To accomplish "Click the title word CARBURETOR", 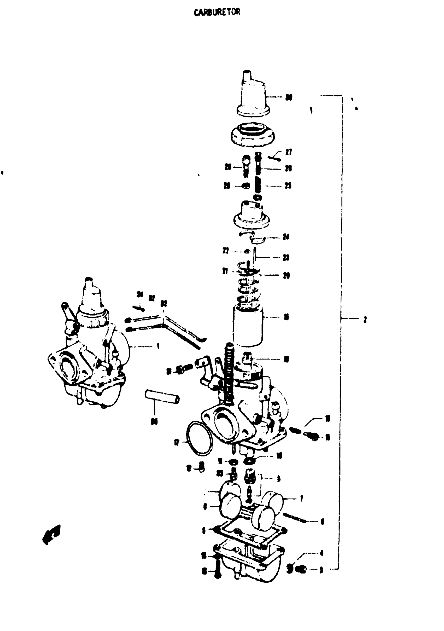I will (217, 12).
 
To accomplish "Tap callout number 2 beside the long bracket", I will (365, 319).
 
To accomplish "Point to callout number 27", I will (289, 152).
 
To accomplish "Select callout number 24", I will (286, 237).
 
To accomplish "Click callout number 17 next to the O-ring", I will (177, 442).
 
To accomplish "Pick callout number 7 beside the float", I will (301, 498).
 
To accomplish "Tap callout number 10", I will (279, 456).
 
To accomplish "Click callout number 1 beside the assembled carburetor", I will (158, 346).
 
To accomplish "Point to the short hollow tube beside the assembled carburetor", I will (162, 397).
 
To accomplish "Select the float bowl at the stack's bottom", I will (250, 566).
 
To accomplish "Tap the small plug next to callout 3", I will (301, 570).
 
